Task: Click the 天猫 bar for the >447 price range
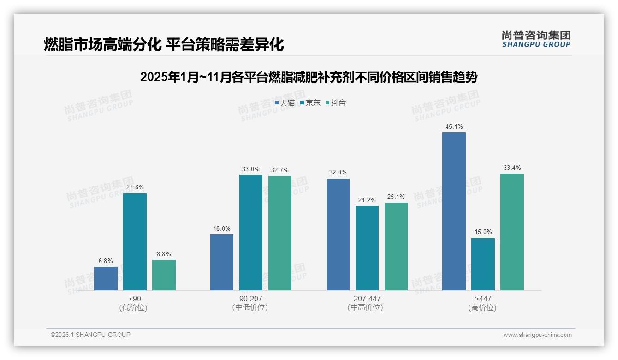[x=454, y=211]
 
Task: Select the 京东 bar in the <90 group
[x=135, y=242]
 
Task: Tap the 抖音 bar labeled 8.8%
[x=164, y=275]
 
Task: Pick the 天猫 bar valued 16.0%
[x=222, y=262]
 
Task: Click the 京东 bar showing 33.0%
[x=251, y=233]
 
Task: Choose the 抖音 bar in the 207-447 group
[x=396, y=246]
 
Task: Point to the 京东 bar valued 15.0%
[x=483, y=264]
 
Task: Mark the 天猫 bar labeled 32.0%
[x=338, y=234]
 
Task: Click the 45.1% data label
[x=454, y=127]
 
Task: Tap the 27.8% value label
[x=135, y=187]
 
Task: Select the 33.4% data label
[x=512, y=168]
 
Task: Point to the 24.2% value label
[x=367, y=200]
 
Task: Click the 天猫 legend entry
[x=285, y=103]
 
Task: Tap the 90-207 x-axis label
[x=251, y=299]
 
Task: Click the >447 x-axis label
[x=483, y=299]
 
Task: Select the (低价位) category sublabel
[x=134, y=308]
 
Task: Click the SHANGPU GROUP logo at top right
[x=536, y=39]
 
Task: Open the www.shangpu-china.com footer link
[x=537, y=335]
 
